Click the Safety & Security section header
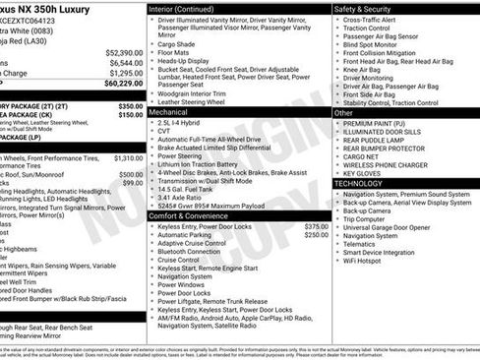(363, 8)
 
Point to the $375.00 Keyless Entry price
(316, 226)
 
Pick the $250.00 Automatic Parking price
(316, 235)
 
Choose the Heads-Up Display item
(187, 60)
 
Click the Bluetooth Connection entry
(196, 252)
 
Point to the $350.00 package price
(130, 104)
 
